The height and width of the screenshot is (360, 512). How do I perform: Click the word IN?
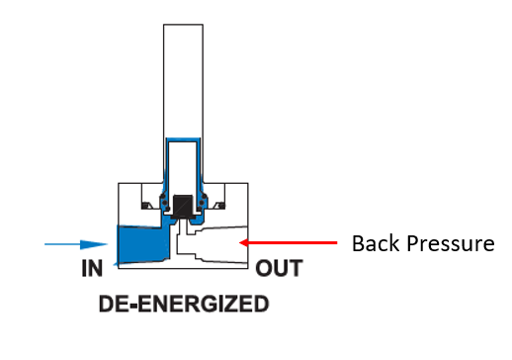91,268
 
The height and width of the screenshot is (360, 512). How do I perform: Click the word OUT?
278,268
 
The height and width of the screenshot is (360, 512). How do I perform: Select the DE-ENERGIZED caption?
184,304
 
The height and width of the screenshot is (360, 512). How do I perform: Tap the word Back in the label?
376,242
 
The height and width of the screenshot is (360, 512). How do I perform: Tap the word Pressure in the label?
449,243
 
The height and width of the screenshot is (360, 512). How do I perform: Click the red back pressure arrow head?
250,241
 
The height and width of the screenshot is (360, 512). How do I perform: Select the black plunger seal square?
181,205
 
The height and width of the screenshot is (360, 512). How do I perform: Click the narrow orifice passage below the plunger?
181,228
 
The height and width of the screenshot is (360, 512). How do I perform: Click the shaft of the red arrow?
297,241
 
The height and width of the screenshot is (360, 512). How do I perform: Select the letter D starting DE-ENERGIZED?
107,304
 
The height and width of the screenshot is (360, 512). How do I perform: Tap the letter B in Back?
359,242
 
